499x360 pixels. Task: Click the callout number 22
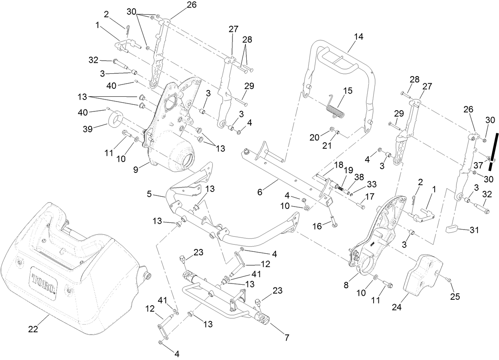tap(33, 329)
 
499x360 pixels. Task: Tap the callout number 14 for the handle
tap(358, 36)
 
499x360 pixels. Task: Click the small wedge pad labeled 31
tap(452, 228)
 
